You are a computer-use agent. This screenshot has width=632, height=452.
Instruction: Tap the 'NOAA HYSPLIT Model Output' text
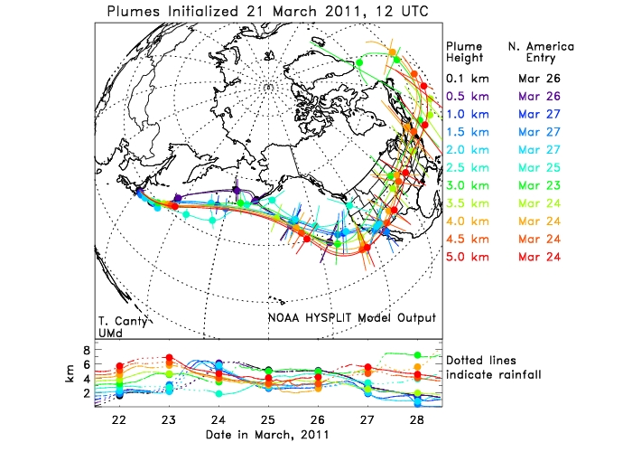[x=351, y=317]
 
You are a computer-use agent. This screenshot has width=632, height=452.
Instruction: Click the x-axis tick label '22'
[x=118, y=421]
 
